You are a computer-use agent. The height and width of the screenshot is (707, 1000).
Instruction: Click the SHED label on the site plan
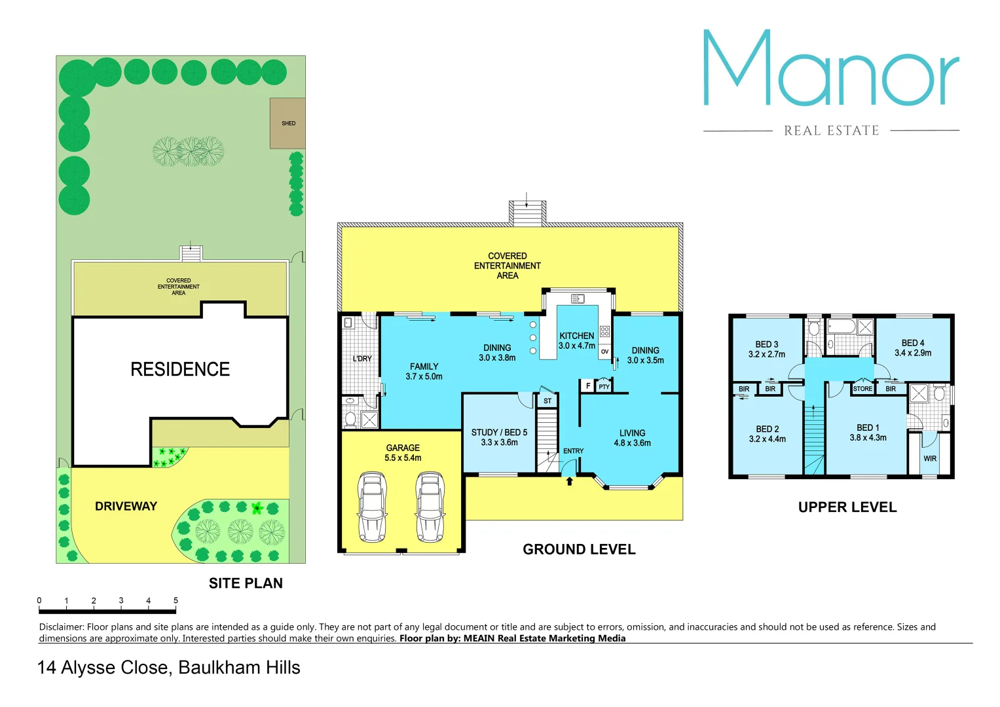point(288,123)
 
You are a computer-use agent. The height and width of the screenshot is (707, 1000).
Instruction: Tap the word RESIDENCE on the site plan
point(180,369)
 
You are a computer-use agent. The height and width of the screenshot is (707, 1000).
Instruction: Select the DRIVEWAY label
point(126,506)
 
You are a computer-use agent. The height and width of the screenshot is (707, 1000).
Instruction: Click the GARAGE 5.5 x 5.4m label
point(403,453)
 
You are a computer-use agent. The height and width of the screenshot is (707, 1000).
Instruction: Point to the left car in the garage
point(372,507)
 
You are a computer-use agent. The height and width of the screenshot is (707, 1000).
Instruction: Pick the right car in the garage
point(430,507)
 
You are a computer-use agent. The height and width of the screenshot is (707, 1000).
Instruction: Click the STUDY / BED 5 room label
point(499,437)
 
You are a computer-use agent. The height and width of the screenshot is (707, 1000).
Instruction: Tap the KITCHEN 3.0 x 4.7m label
point(577,340)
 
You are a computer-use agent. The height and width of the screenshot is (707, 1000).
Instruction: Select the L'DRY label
point(362,359)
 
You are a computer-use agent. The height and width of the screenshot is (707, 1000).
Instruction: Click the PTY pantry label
point(604,387)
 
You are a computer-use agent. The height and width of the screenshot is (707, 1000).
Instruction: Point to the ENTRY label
point(573,451)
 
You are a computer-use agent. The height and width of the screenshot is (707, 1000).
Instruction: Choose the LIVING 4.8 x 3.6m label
point(632,438)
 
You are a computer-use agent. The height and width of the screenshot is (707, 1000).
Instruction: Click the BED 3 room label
point(766,349)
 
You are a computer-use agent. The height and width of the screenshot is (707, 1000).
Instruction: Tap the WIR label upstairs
point(930,459)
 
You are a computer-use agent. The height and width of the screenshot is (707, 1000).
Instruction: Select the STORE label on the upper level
point(862,389)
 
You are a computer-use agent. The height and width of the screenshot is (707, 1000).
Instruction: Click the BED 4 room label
point(913,348)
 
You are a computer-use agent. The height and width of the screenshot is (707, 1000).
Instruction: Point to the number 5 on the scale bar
point(176,600)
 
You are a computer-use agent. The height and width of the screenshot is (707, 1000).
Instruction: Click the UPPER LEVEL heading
point(847,507)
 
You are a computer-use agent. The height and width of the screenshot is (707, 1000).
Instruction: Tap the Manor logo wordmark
point(831,69)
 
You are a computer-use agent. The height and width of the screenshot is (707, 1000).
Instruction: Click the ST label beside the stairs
point(547,401)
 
